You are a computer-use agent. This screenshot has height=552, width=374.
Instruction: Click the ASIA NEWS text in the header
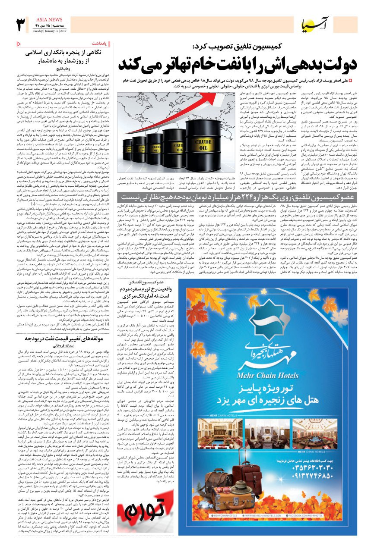coord(49,19)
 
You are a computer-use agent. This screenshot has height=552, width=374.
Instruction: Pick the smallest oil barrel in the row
coord(127,150)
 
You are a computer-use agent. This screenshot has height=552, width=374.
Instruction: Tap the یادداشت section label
coord(98,44)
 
